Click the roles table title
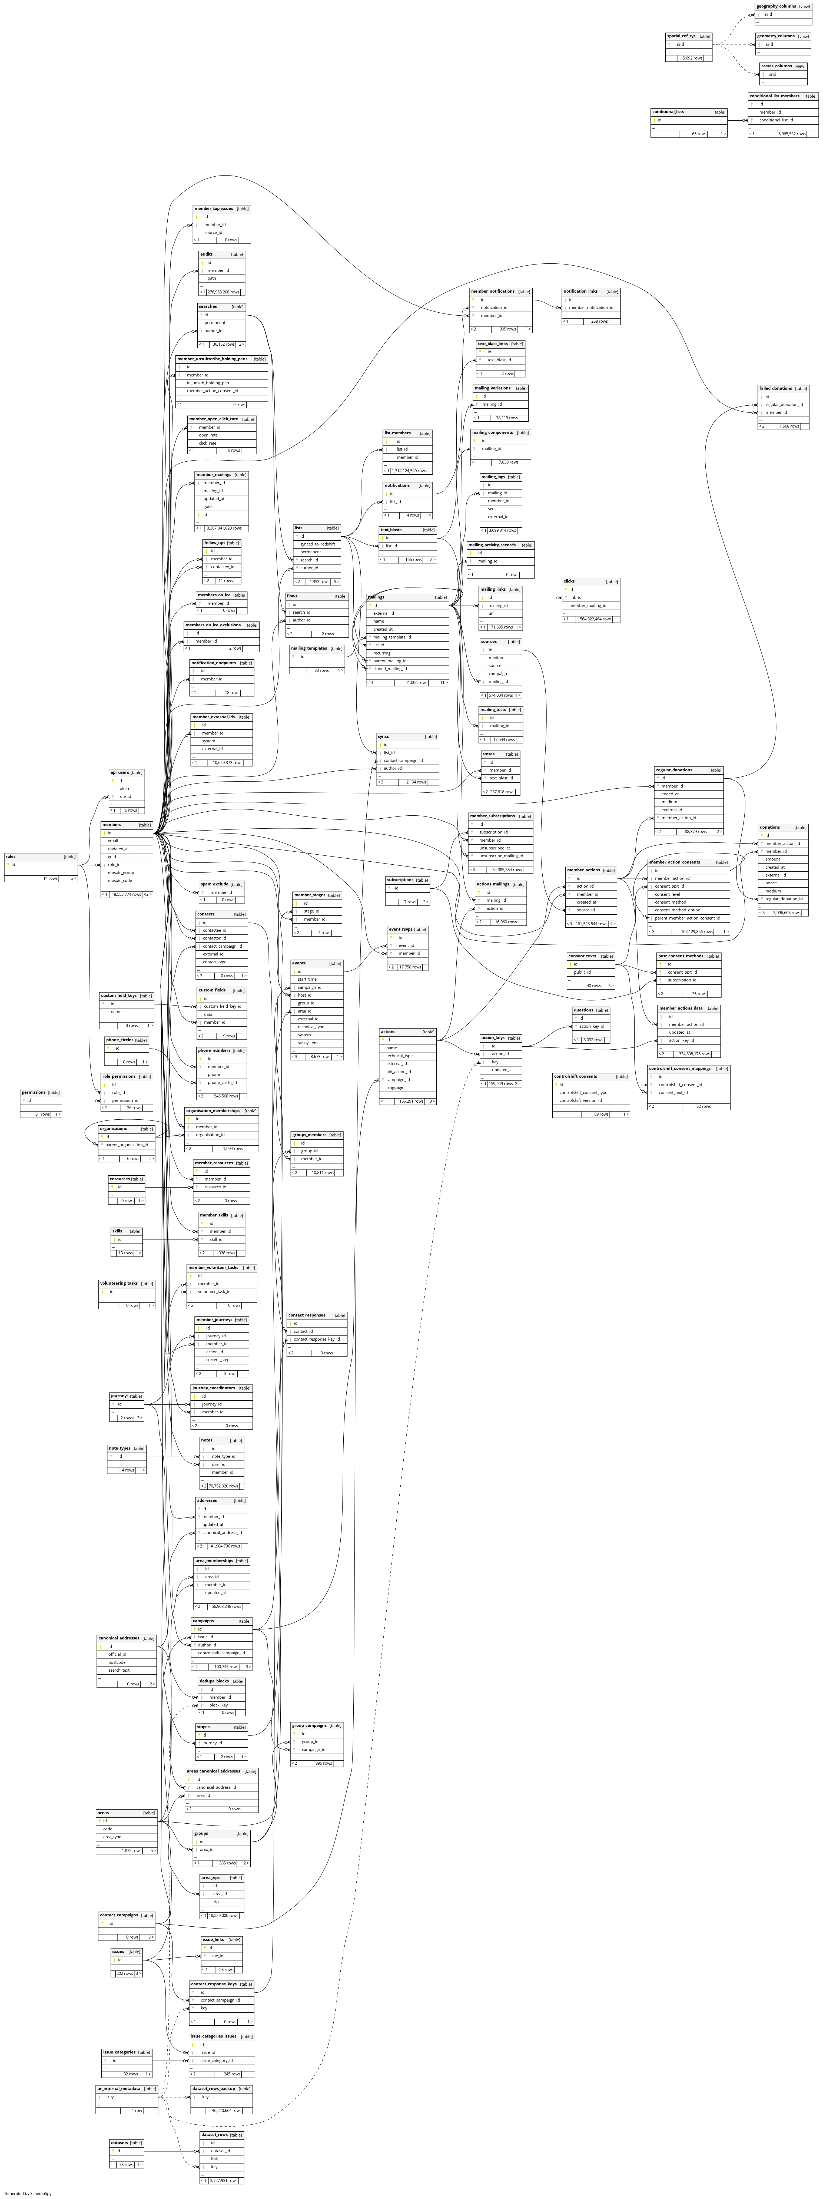click(x=11, y=856)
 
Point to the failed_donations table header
click(x=775, y=388)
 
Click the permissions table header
click(x=33, y=1092)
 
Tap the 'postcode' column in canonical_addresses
click(x=117, y=1662)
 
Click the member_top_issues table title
click(x=213, y=208)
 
